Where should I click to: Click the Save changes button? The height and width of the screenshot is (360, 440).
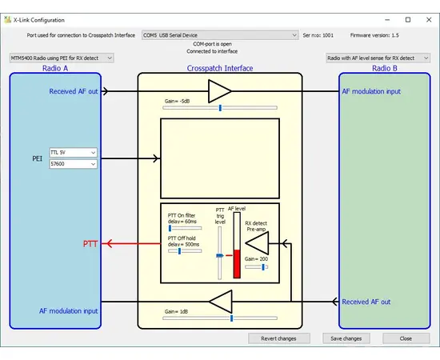click(x=346, y=338)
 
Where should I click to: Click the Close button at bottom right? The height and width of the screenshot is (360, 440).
click(x=406, y=338)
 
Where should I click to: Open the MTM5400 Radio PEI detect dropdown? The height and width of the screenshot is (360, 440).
click(x=62, y=58)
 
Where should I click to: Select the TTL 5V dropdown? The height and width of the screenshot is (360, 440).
click(x=72, y=151)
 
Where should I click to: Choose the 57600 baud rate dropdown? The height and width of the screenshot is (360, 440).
click(x=72, y=163)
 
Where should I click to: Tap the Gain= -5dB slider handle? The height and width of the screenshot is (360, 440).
click(x=220, y=107)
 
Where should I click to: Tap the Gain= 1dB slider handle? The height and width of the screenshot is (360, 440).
click(x=231, y=318)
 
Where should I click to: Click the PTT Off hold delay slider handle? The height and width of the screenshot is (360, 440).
click(x=179, y=250)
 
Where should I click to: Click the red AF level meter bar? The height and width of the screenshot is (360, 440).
click(x=236, y=263)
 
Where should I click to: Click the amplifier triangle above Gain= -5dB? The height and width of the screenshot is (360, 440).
click(x=219, y=91)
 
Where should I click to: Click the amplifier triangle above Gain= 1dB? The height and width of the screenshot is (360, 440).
click(x=220, y=302)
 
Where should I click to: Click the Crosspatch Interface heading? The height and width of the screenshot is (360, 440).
click(x=220, y=69)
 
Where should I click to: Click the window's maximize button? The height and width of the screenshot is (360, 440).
click(x=407, y=19)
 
